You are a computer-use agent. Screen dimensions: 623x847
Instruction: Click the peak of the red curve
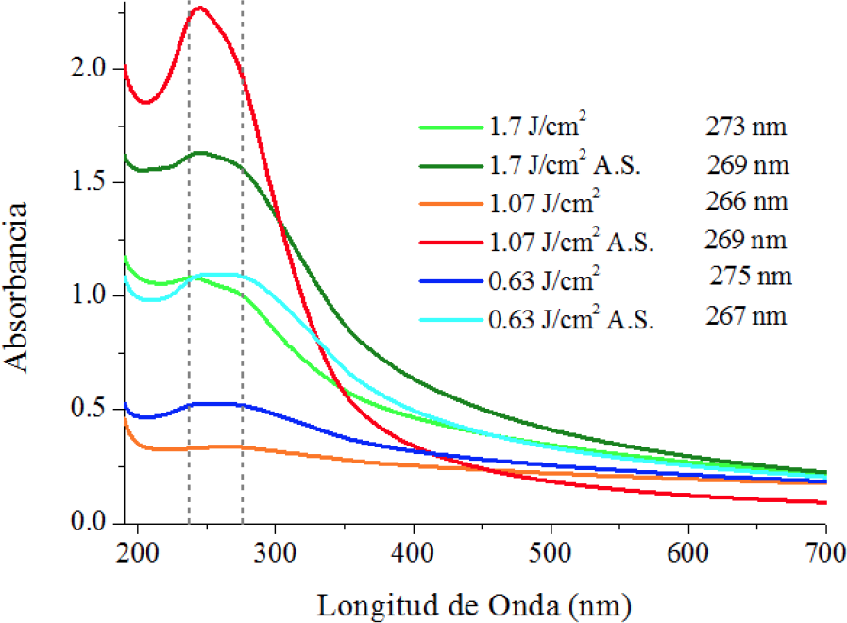point(199,8)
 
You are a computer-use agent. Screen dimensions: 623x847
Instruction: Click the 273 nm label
point(745,125)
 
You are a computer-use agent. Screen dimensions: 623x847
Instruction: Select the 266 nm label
point(745,201)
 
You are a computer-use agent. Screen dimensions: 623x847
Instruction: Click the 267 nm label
point(745,317)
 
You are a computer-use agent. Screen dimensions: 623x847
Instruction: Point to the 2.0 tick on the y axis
point(98,69)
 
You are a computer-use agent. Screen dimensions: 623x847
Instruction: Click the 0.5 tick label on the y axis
point(98,410)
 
